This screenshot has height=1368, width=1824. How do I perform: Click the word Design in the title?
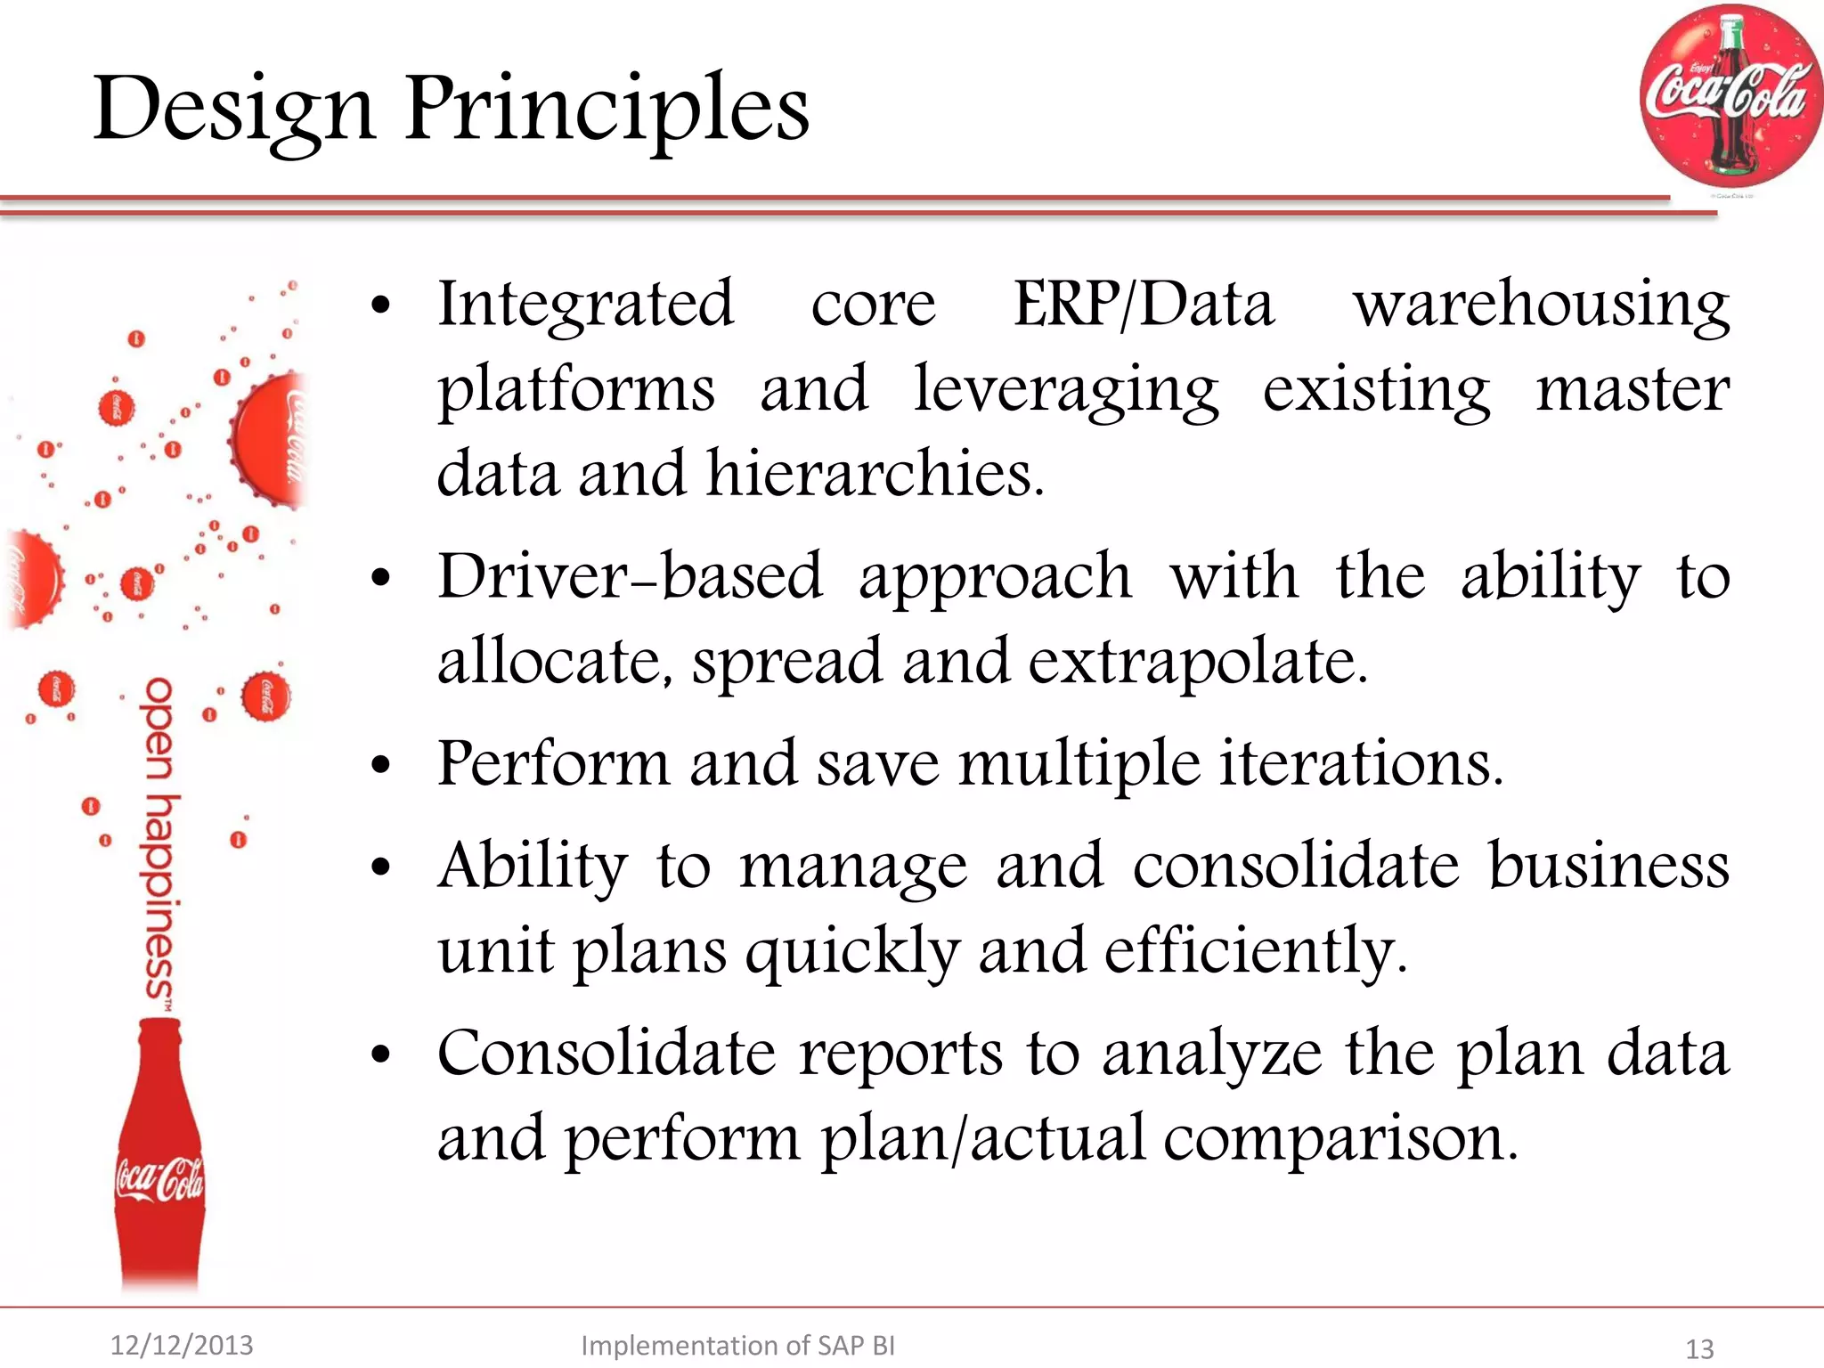233,109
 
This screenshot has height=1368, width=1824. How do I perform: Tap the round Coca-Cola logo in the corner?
1730,95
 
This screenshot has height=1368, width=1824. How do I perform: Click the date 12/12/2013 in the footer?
182,1345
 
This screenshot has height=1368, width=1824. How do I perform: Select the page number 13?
1699,1348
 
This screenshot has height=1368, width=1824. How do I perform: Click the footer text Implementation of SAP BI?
737,1345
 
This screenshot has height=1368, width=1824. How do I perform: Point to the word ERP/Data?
1144,305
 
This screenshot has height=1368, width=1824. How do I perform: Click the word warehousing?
1541,305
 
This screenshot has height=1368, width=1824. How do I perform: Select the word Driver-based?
630,576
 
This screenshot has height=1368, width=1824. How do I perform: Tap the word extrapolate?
1197,662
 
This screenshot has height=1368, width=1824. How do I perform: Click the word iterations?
1361,764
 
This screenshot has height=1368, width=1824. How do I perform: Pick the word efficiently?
1256,951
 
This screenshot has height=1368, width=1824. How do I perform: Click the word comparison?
1339,1138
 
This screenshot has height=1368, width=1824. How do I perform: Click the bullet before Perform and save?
381,766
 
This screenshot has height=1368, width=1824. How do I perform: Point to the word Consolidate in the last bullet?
607,1054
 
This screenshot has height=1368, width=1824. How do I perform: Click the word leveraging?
1066,390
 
